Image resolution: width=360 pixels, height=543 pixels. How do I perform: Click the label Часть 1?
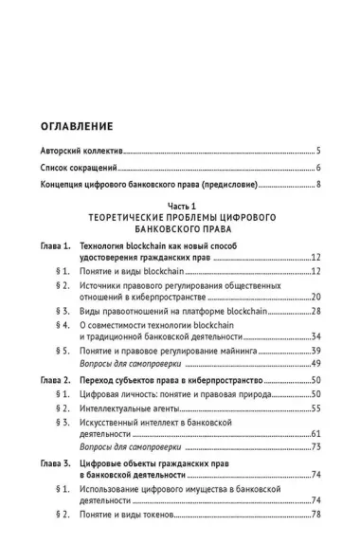pyautogui.click(x=179, y=208)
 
